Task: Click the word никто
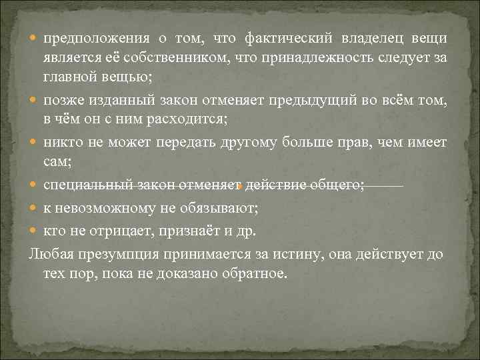(x=61, y=141)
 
